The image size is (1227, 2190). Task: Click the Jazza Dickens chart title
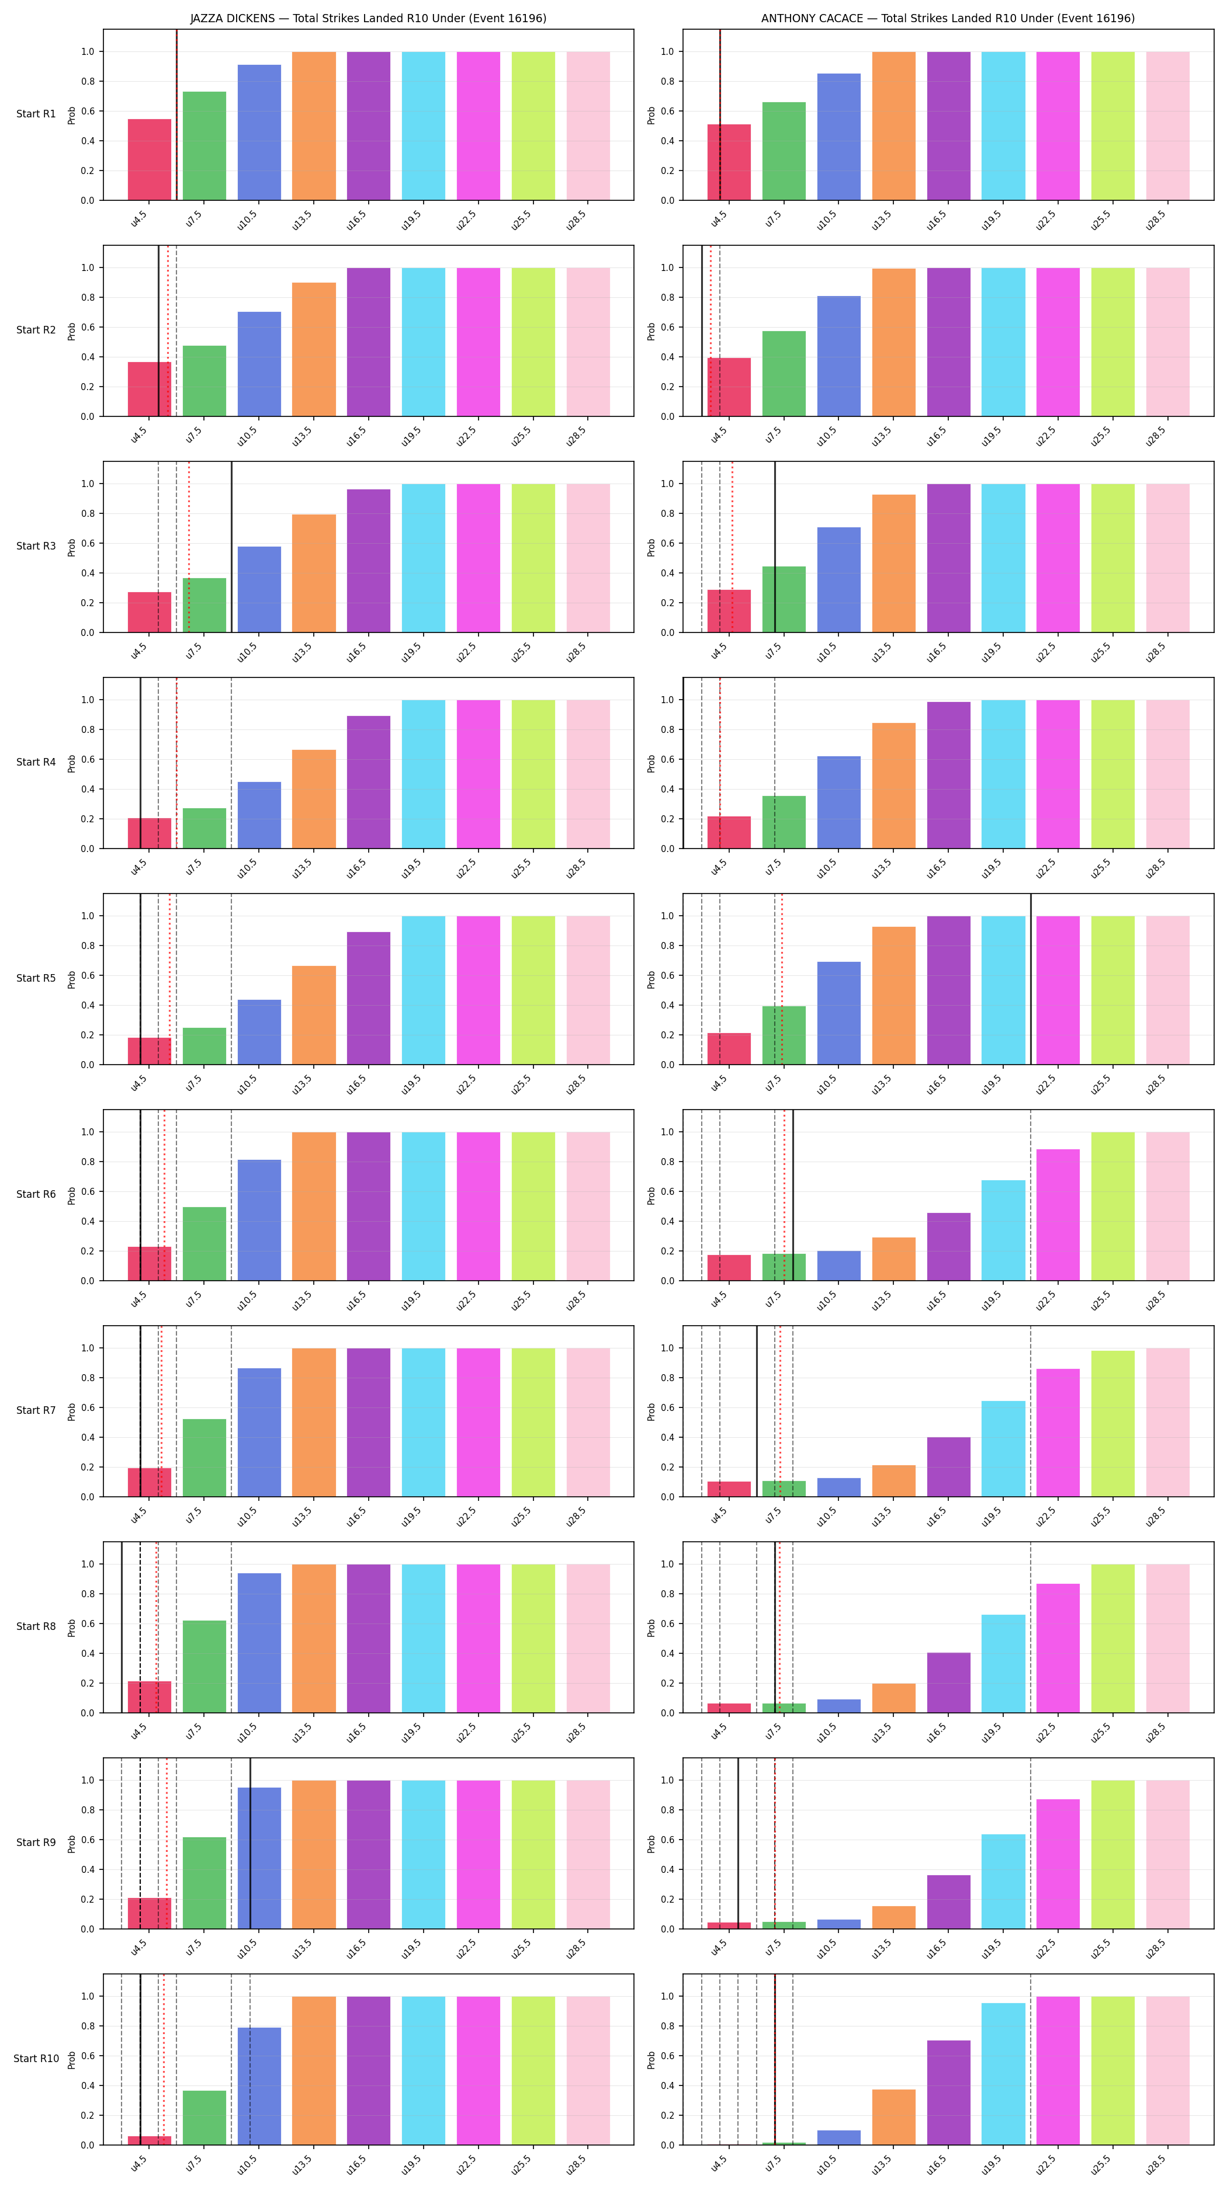[x=368, y=18]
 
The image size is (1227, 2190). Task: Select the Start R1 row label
[x=36, y=114]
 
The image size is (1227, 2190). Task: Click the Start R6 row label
[x=36, y=1194]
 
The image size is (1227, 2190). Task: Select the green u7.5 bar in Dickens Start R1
[x=204, y=146]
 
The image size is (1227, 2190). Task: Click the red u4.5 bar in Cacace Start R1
[x=729, y=162]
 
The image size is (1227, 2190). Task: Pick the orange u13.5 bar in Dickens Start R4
[x=314, y=799]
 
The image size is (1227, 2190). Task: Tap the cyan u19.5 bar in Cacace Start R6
[x=1003, y=1230]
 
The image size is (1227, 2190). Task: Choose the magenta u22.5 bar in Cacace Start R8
[x=1058, y=1647]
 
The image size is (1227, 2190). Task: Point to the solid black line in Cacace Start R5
[x=1031, y=979]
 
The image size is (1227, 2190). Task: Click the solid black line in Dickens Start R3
[x=231, y=547]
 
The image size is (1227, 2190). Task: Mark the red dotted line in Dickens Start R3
[x=189, y=547]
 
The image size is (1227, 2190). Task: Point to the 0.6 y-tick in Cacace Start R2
[x=667, y=327]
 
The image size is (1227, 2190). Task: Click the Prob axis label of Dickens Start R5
[x=71, y=979]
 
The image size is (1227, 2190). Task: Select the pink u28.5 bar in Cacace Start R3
[x=1167, y=558]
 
